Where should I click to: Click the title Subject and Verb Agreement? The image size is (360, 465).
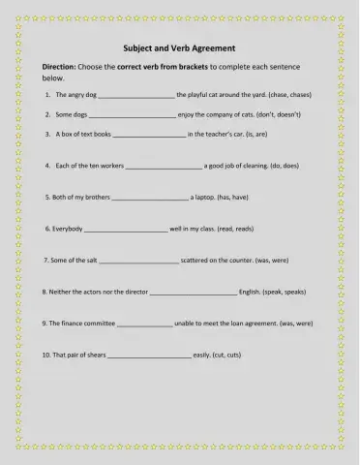180,47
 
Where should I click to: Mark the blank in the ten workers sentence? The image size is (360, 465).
164,167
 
